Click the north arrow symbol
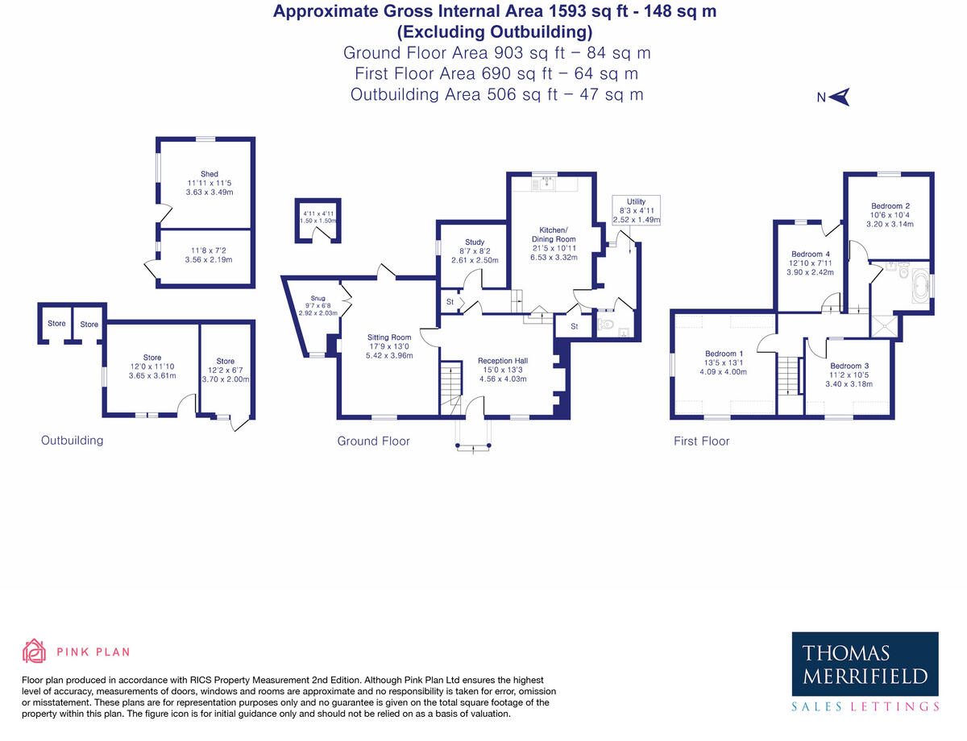840,97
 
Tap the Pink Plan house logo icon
34,651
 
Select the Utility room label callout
636,210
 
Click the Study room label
475,242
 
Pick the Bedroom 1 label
724,354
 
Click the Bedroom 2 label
890,206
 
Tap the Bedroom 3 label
849,366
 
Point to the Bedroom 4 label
810,254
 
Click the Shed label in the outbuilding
210,174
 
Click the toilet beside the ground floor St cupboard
608,327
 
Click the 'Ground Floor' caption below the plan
373,441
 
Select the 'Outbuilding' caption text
72,441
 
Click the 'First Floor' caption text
701,441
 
